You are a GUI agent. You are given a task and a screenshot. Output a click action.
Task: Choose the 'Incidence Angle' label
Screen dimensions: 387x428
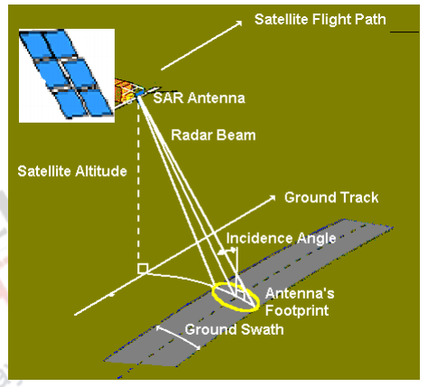tap(281, 238)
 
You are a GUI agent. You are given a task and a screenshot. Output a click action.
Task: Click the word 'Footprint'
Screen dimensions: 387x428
tap(297, 309)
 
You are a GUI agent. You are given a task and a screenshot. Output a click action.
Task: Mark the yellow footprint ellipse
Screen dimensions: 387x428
tap(237, 295)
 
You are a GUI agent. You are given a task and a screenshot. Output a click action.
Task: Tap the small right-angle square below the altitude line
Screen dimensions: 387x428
tap(141, 269)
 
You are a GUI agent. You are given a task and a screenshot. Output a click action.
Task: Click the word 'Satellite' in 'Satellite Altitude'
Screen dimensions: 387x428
tap(44, 169)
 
